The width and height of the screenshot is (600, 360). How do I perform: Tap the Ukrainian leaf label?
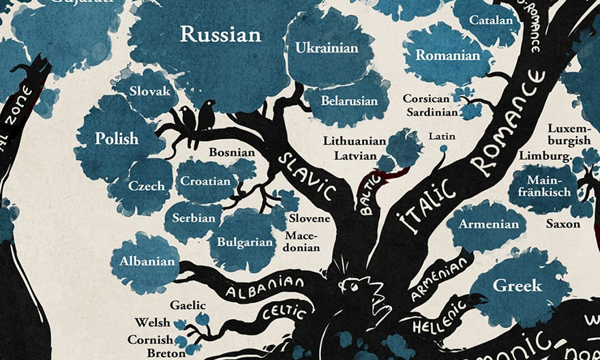tap(327, 48)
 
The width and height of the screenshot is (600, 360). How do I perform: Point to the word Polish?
tap(116, 138)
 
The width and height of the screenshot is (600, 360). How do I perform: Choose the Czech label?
tap(146, 185)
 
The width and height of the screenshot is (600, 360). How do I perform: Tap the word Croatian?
tap(205, 182)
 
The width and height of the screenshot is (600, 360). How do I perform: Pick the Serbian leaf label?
tap(194, 218)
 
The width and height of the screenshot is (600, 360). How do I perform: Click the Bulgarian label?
tap(245, 241)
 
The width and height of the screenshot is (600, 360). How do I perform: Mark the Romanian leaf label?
tap(448, 55)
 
